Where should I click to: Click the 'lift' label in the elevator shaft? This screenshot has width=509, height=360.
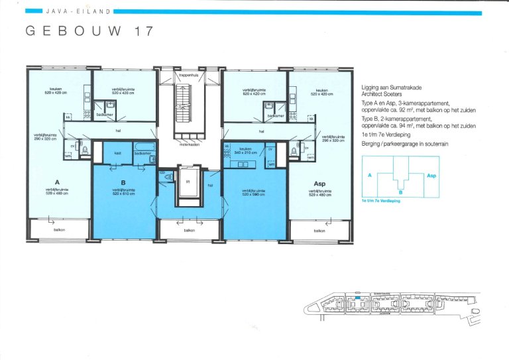188,180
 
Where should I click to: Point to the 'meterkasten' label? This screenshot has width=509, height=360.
189,145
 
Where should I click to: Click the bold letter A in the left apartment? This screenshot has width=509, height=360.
58,180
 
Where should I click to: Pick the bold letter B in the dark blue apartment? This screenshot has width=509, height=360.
123,182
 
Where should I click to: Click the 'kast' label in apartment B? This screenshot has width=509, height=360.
117,153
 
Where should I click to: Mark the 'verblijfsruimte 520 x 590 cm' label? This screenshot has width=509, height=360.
253,192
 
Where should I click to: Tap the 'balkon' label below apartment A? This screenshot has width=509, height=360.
59,230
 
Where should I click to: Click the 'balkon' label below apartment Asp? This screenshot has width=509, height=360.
319,230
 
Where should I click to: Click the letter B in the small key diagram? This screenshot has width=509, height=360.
400,192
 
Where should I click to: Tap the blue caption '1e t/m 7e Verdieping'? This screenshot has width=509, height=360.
382,200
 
